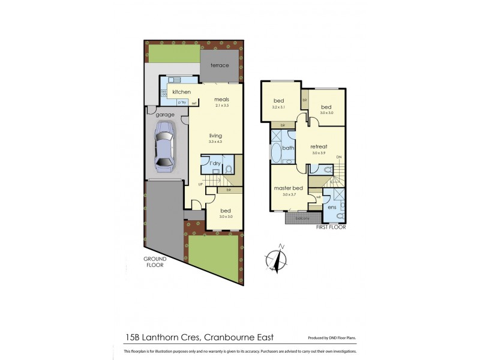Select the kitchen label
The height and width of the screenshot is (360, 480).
click(x=182, y=92)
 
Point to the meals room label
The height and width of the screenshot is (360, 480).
click(x=222, y=100)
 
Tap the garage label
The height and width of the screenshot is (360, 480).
click(x=165, y=115)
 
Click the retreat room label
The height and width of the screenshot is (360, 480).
click(x=319, y=147)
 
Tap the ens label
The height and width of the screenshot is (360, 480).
click(x=332, y=208)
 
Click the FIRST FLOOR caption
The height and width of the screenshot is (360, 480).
click(x=329, y=228)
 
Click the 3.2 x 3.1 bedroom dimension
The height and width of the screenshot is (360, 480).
click(x=279, y=107)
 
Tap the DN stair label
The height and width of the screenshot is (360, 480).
click(x=339, y=157)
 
